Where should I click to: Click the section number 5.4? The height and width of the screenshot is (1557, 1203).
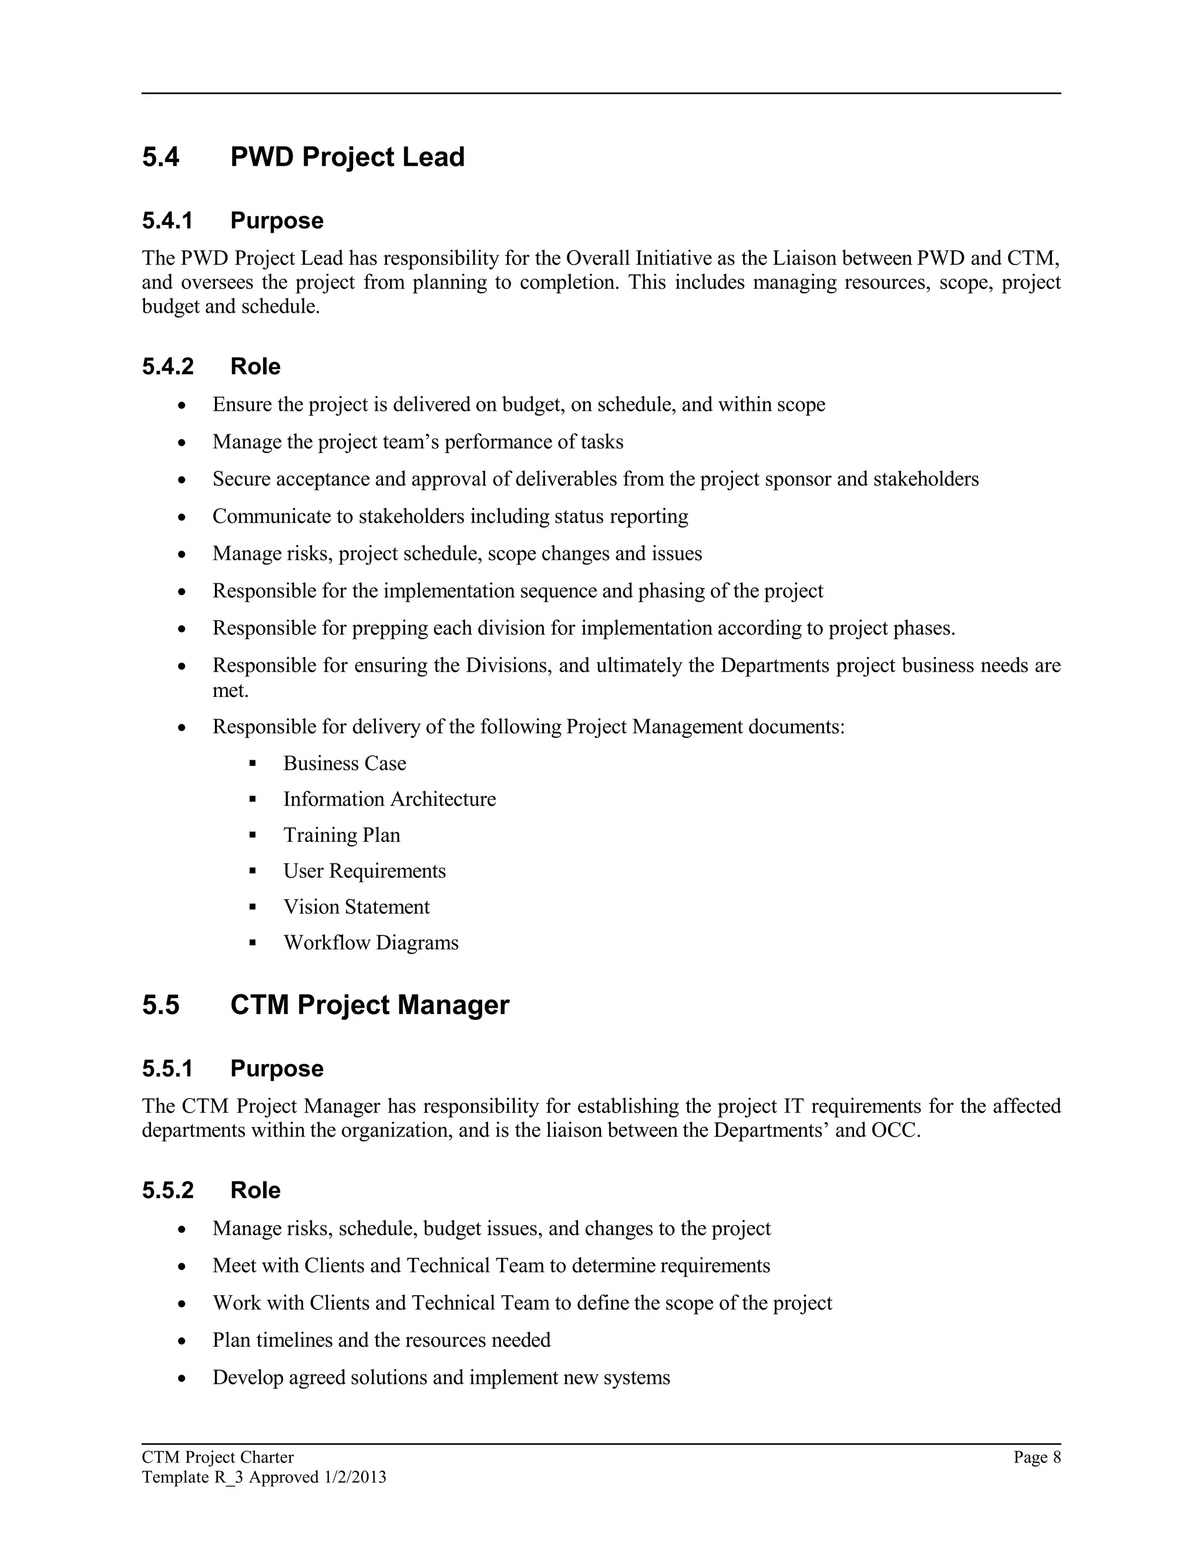pyautogui.click(x=160, y=157)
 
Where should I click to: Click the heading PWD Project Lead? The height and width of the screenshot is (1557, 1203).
pyautogui.click(x=347, y=157)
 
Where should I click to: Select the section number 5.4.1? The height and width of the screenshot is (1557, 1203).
pyautogui.click(x=167, y=221)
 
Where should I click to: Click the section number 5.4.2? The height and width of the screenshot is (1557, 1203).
pyautogui.click(x=167, y=367)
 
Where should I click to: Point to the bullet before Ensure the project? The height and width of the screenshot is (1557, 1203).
pyautogui.click(x=183, y=405)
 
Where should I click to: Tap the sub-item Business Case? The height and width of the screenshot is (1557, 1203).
pyautogui.click(x=344, y=764)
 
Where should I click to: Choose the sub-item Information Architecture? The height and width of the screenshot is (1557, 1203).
pyautogui.click(x=389, y=799)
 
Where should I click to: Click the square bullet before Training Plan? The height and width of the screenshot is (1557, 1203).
pyautogui.click(x=252, y=835)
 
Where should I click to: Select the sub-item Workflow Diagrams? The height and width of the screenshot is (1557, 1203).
pyautogui.click(x=371, y=942)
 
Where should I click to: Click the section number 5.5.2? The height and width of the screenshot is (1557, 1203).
pyautogui.click(x=167, y=1190)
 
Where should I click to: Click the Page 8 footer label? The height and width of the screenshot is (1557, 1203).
pyautogui.click(x=1037, y=1457)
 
